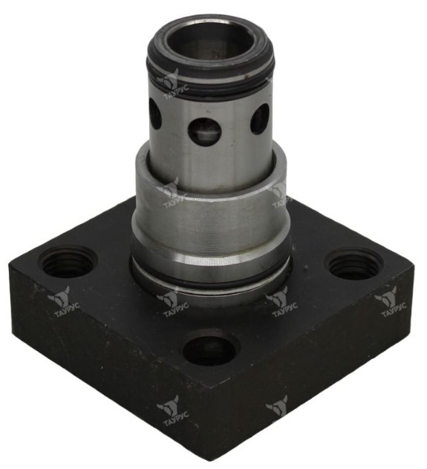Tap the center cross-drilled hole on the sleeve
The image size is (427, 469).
[x=205, y=131]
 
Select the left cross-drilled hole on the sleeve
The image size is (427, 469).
[x=155, y=114]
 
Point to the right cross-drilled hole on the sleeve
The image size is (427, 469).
[x=260, y=119]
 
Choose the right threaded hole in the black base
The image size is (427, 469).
[x=354, y=264]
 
